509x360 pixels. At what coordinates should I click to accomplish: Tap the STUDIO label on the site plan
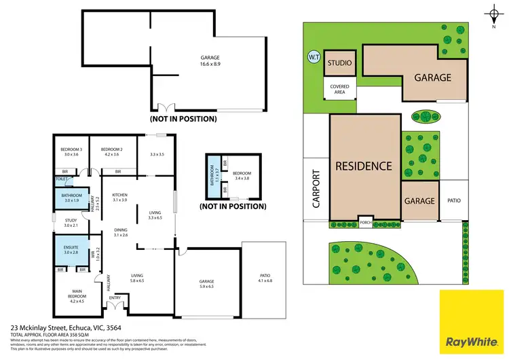(x=339, y=64)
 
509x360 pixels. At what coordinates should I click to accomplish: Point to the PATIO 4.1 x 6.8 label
(x=265, y=278)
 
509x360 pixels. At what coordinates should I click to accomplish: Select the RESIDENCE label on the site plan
(x=363, y=166)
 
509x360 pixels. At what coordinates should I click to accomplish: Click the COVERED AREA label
(x=339, y=89)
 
